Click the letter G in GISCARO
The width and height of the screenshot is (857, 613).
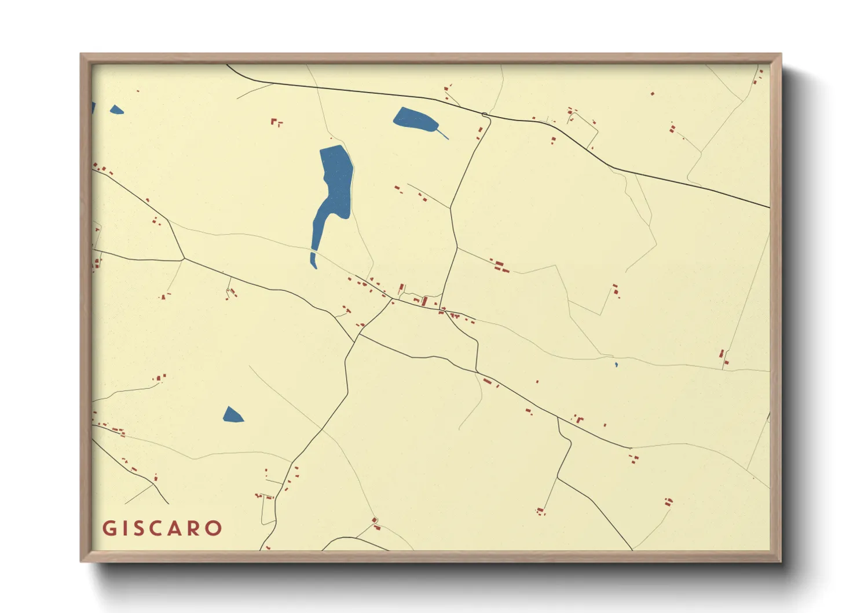coord(108,528)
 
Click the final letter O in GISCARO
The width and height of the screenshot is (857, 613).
coord(214,528)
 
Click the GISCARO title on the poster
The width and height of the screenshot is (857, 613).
coord(162,528)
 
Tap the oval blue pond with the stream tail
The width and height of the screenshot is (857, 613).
coord(415,119)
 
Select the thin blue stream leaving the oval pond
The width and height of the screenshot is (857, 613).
coord(443,134)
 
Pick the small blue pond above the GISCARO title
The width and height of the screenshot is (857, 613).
coord(232,415)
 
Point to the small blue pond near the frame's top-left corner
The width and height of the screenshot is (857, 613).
coord(116,110)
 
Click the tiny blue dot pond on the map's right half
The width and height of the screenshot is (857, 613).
coord(616,364)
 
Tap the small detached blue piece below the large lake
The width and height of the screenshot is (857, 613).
coord(313,260)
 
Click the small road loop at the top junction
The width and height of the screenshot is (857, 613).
coord(485,115)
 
